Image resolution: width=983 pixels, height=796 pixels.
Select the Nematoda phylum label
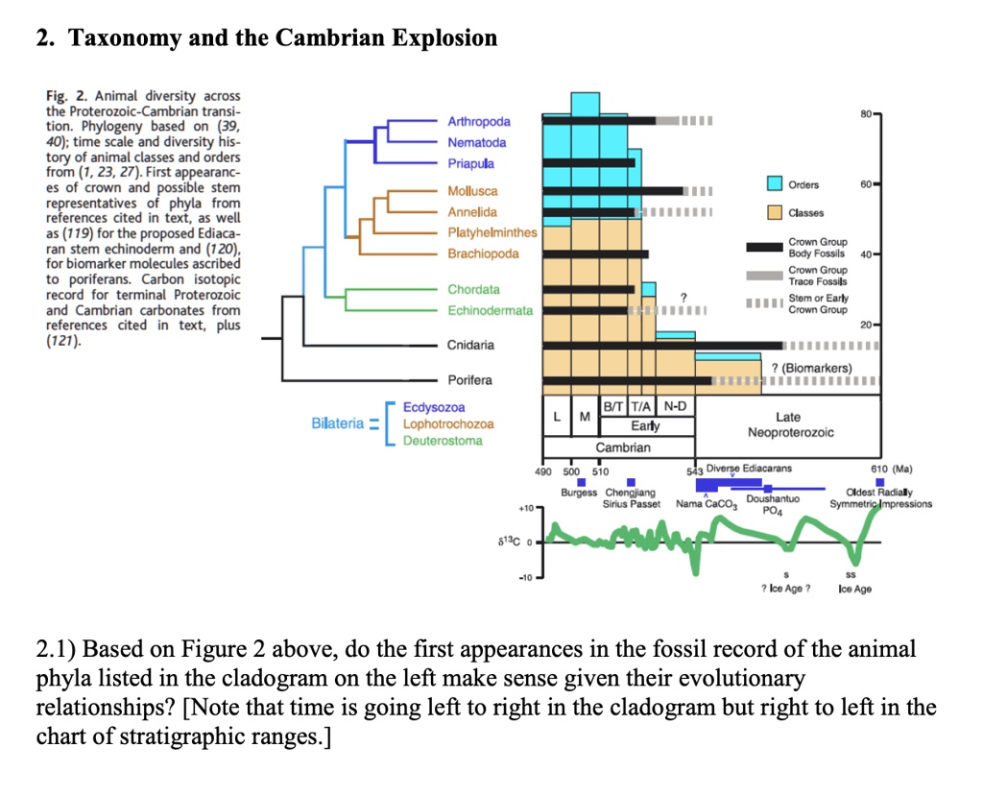pyautogui.click(x=476, y=142)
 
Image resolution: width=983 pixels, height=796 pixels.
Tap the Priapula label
pyautogui.click(x=470, y=163)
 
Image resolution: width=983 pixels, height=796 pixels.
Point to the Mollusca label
pyautogui.click(x=472, y=192)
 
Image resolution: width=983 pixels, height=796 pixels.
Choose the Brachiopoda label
pyautogui.click(x=483, y=253)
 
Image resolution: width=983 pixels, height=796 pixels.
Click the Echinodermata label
pyautogui.click(x=490, y=310)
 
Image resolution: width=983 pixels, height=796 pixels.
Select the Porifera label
pyautogui.click(x=469, y=380)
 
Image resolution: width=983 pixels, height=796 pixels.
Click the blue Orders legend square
pyautogui.click(x=775, y=185)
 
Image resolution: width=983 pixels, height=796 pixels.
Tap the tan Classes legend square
pyautogui.click(x=775, y=212)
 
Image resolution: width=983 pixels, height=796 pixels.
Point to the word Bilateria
pyautogui.click(x=337, y=423)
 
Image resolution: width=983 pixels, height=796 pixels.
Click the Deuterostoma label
pyautogui.click(x=443, y=441)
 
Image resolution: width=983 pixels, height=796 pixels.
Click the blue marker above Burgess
pyautogui.click(x=582, y=482)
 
